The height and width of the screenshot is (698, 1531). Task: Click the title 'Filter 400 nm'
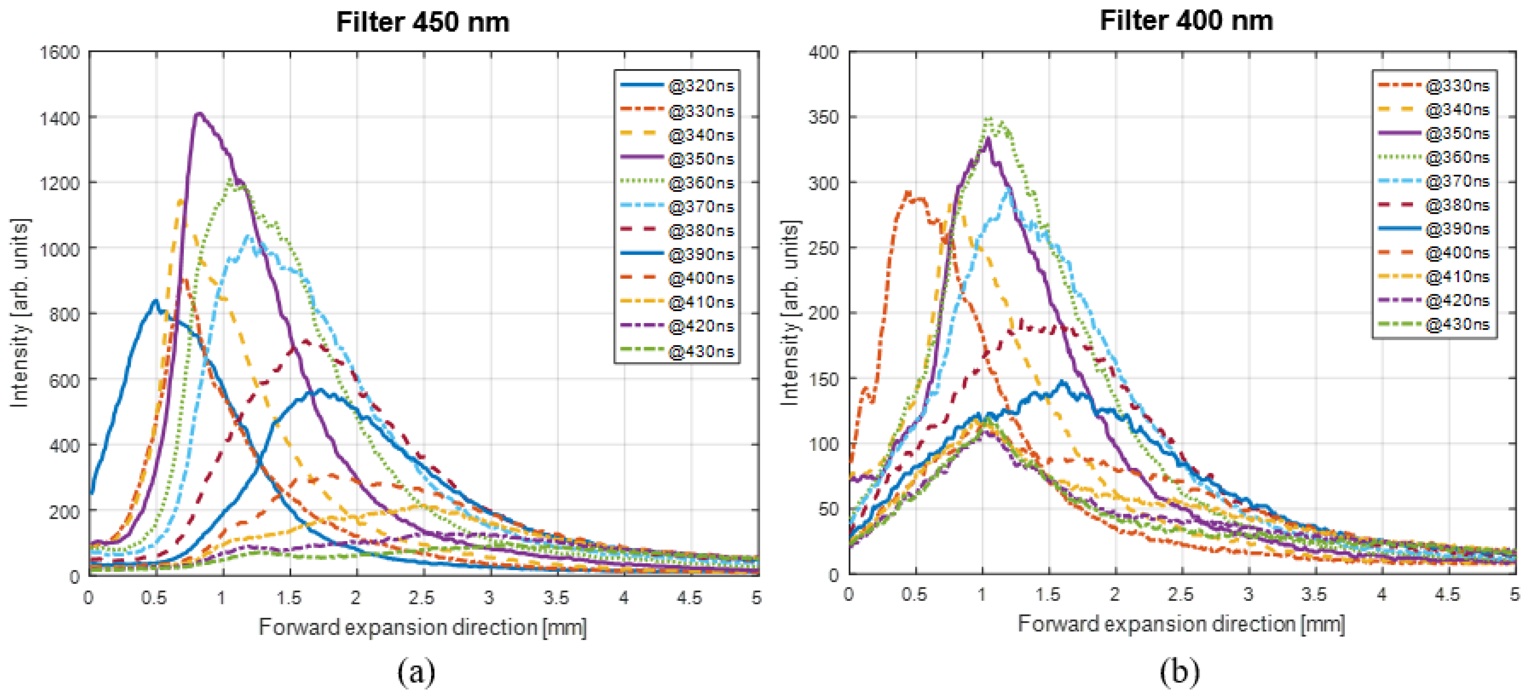[x=1186, y=21]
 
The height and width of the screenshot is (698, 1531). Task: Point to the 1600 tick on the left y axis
[x=59, y=52]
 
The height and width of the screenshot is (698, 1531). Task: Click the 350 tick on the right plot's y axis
[x=824, y=117]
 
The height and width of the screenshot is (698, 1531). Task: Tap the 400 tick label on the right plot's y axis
[x=824, y=52]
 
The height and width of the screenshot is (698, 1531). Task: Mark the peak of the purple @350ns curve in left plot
[x=199, y=113]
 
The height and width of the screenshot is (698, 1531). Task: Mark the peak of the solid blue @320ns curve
[x=155, y=300]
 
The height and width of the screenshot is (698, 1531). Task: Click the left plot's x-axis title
[x=422, y=627]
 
